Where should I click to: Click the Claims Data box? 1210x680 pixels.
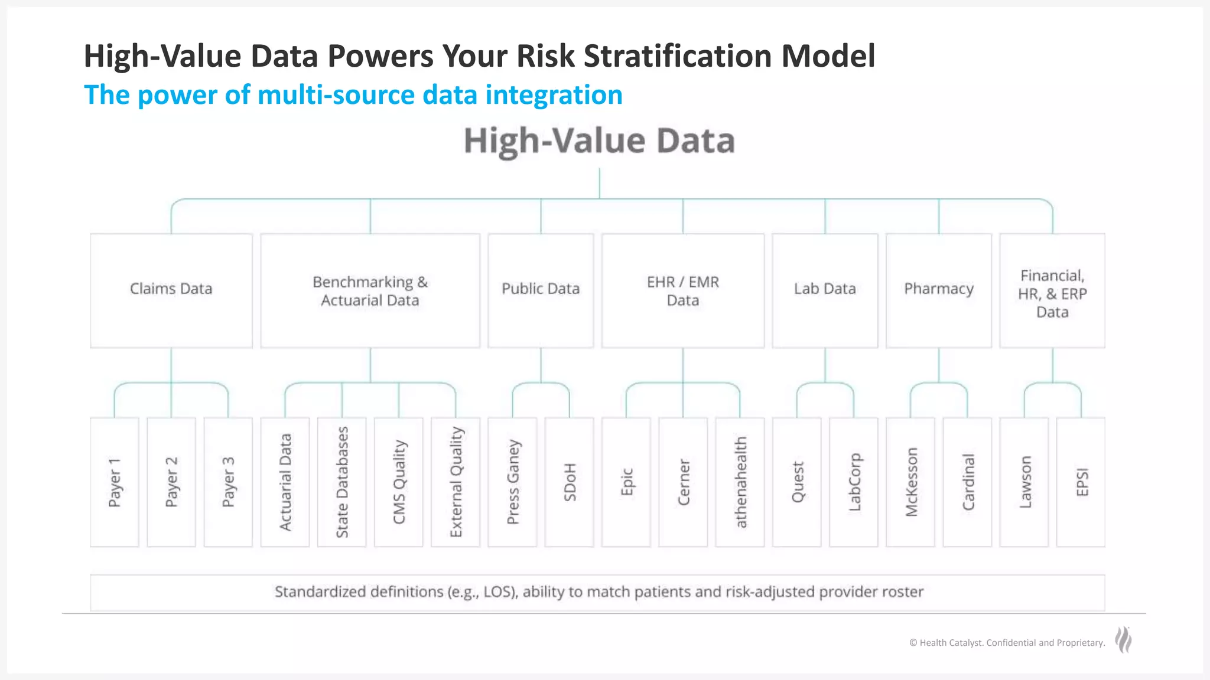[x=171, y=290]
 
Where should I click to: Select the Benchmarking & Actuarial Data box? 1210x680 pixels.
[x=370, y=290]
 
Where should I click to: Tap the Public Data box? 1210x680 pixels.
[x=541, y=290]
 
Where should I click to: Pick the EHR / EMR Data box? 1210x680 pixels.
[x=682, y=290]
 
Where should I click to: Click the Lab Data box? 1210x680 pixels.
[x=825, y=290]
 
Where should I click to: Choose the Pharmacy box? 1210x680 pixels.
[x=938, y=290]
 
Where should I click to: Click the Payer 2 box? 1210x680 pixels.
[x=171, y=482]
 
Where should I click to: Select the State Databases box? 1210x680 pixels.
[x=341, y=482]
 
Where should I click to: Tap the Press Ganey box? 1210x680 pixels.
[x=512, y=482]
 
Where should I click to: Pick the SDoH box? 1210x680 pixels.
[x=569, y=482]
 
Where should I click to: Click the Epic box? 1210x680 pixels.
[x=626, y=482]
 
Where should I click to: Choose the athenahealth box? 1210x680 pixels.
[x=740, y=482]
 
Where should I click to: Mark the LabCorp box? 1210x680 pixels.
[x=853, y=482]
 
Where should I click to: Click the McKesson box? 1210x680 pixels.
[x=910, y=482]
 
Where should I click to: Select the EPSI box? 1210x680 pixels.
[x=1081, y=482]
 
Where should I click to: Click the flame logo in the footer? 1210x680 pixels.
[x=1123, y=640]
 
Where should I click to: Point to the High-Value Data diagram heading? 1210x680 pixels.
[x=599, y=141]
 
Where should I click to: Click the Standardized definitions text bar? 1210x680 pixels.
[x=598, y=592]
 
